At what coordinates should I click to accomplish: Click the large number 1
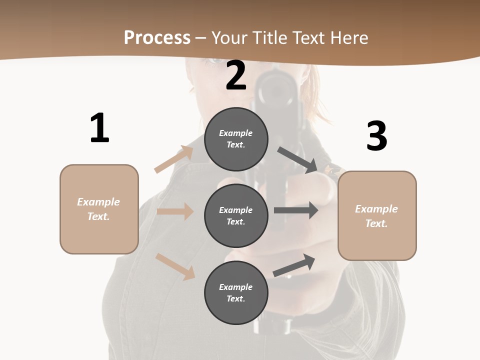(x=99, y=128)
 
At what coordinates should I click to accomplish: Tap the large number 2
(x=236, y=75)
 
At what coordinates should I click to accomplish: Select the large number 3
(x=376, y=136)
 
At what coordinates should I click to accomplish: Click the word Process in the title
(x=157, y=37)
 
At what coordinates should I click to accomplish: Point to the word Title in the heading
(x=269, y=37)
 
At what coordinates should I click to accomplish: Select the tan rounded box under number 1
(x=99, y=209)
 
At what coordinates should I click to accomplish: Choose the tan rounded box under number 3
(x=377, y=215)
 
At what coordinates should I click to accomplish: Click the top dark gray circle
(x=236, y=139)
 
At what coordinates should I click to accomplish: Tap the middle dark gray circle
(x=236, y=215)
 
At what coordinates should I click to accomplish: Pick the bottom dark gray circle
(x=236, y=292)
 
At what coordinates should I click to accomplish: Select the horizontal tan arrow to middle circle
(x=175, y=211)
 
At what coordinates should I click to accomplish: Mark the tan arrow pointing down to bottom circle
(x=175, y=266)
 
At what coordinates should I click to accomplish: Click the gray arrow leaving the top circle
(x=298, y=159)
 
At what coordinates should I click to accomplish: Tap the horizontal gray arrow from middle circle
(x=296, y=210)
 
